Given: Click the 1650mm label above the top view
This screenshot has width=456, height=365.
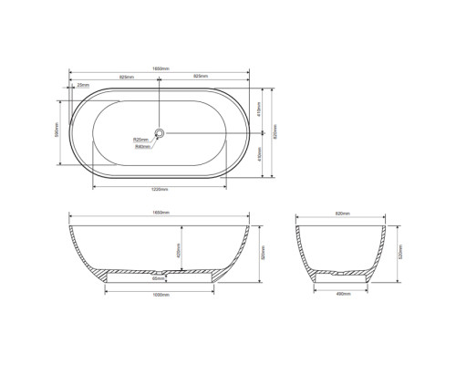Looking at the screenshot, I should pyautogui.click(x=159, y=69).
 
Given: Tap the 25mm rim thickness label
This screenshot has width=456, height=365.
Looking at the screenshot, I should pyautogui.click(x=83, y=85).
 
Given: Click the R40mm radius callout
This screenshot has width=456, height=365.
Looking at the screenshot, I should pyautogui.click(x=141, y=146).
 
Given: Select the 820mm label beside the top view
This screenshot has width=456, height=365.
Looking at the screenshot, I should pyautogui.click(x=275, y=133).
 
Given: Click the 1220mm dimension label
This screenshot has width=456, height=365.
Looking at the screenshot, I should pyautogui.click(x=159, y=190).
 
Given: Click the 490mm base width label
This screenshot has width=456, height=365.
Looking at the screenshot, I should pyautogui.click(x=344, y=293).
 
